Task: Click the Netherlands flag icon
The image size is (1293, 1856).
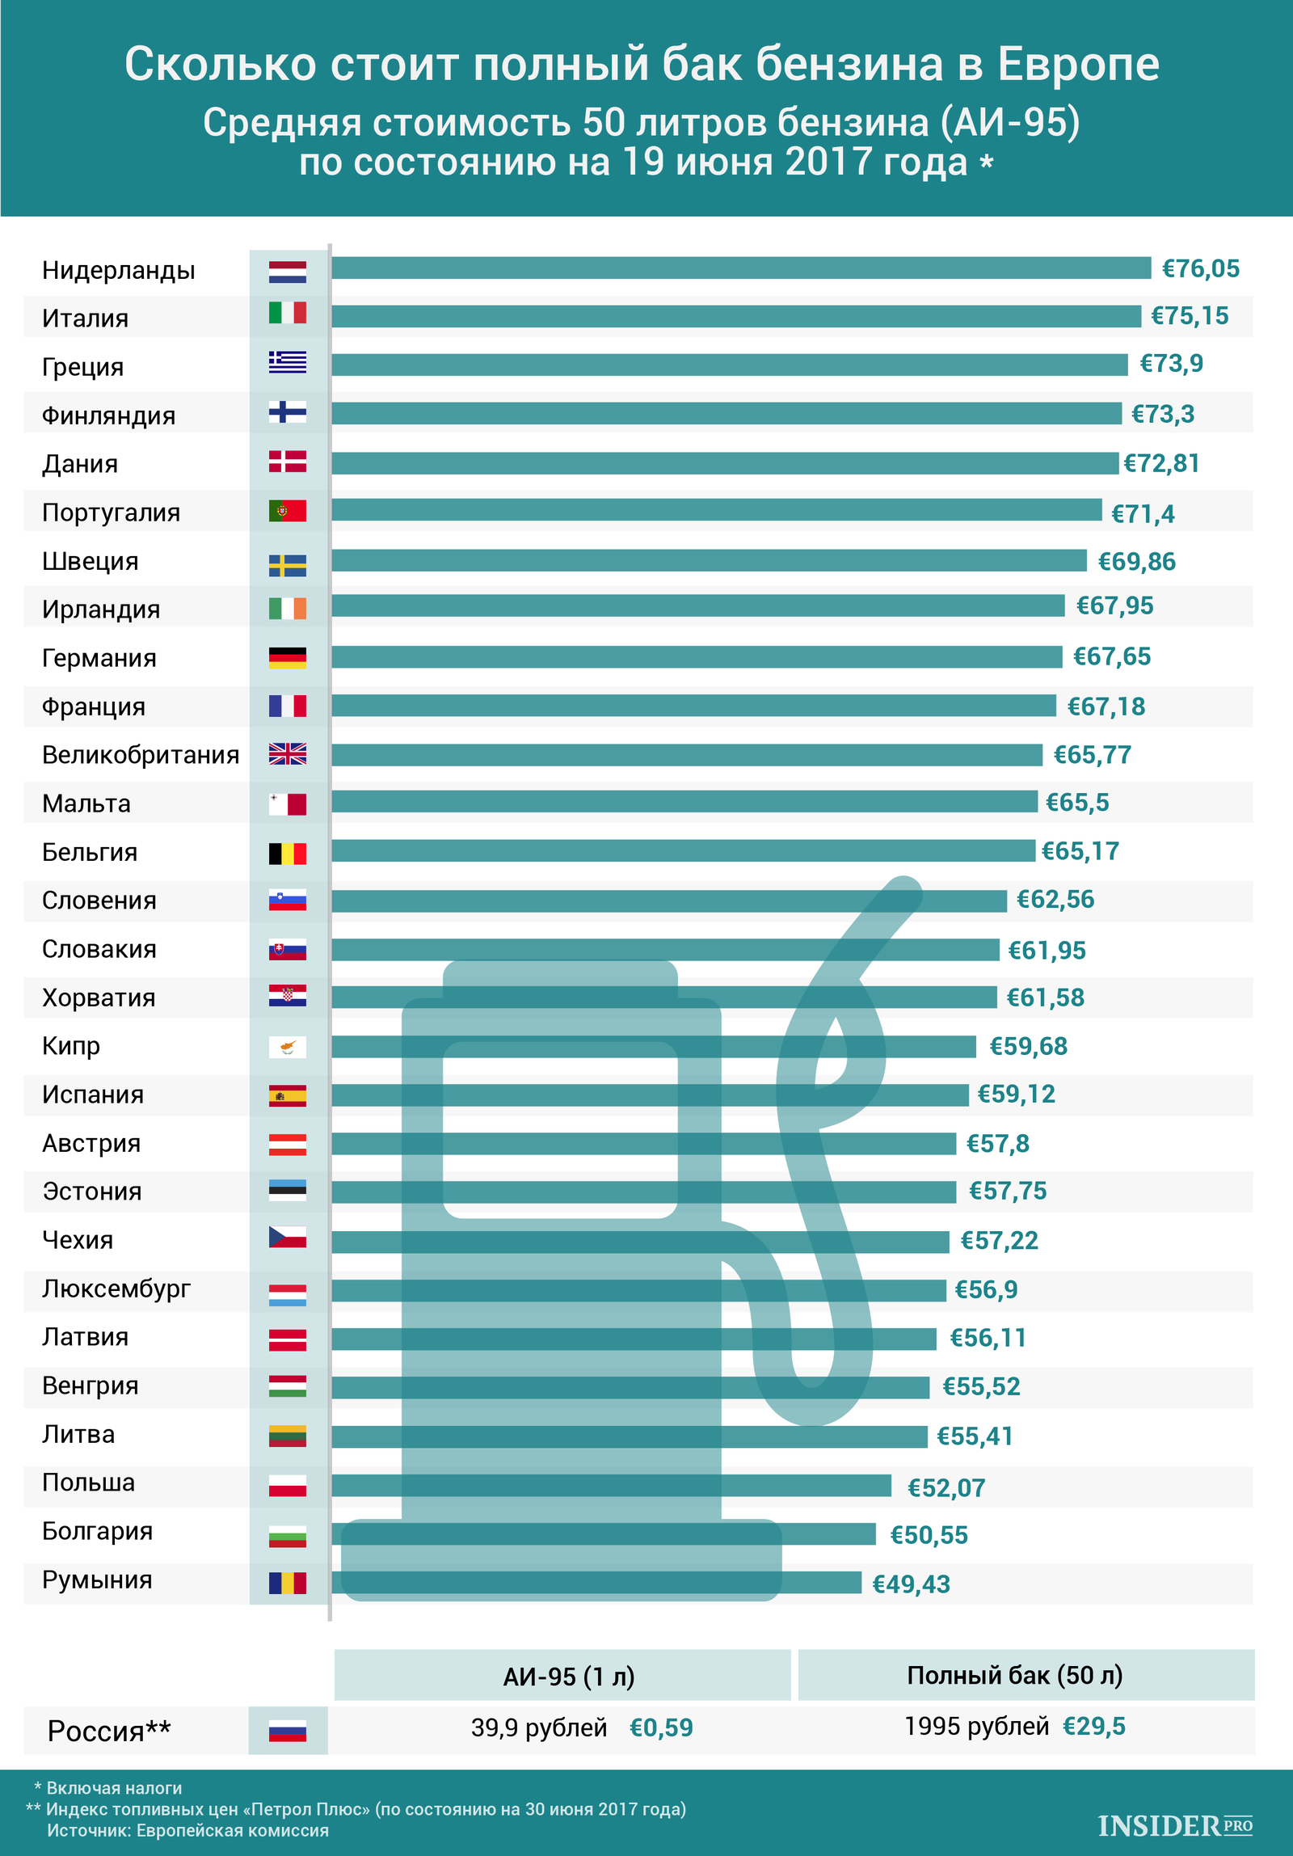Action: pos(288,272)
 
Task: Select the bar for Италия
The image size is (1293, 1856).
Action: pos(735,316)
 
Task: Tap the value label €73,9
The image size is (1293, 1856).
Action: pos(1171,364)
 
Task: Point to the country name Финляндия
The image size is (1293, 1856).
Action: pos(108,415)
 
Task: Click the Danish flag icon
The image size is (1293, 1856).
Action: pos(288,462)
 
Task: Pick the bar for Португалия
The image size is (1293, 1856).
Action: pos(716,510)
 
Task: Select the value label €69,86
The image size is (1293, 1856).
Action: pos(1136,561)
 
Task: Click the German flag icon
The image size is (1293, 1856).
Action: pos(288,657)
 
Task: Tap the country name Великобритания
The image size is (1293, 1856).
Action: pos(141,755)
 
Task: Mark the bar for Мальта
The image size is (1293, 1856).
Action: pos(684,801)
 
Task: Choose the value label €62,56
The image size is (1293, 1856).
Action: pos(1055,899)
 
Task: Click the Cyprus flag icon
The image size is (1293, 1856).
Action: pos(288,1048)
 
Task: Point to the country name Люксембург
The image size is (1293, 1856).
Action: pos(116,1289)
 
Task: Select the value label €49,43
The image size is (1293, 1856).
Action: pos(911,1584)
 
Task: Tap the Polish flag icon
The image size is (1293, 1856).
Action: pos(288,1485)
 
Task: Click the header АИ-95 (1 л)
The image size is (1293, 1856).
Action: pos(568,1676)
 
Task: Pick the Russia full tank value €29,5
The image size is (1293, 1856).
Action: pos(1093,1727)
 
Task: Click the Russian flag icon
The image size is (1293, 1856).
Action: pos(288,1731)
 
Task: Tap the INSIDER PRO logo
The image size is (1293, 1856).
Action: pos(1174,1825)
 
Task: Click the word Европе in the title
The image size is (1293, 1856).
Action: pos(1078,65)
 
